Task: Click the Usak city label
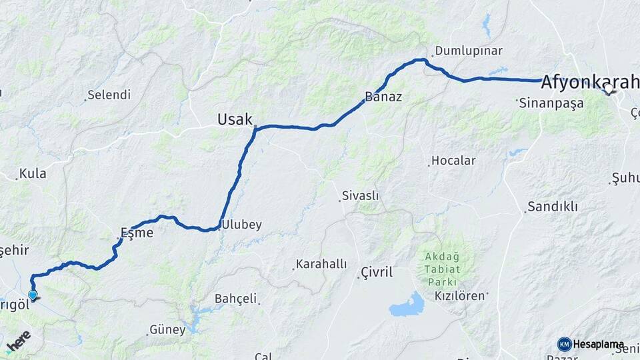point(235,119)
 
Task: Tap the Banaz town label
point(383,97)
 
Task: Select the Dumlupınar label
point(469,51)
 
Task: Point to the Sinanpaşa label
point(551,103)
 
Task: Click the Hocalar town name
point(453,161)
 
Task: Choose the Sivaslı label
point(360,195)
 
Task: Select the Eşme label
point(137,233)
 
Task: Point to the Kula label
point(33,173)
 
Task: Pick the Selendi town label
point(109,95)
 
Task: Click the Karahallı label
point(321,264)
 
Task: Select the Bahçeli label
point(235,299)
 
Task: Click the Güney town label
point(167,329)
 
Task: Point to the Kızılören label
point(459,295)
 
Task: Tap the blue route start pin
point(33,295)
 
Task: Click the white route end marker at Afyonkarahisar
point(608,88)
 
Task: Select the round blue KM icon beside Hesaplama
point(565,344)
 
